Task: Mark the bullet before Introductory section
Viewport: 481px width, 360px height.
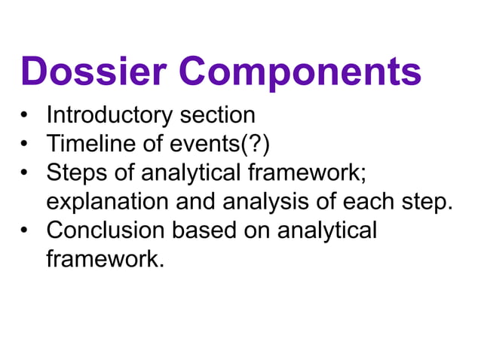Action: pyautogui.click(x=26, y=117)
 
